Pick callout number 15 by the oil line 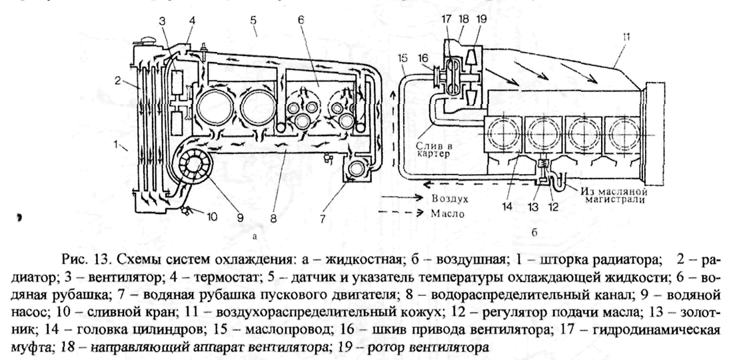pos(401,59)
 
